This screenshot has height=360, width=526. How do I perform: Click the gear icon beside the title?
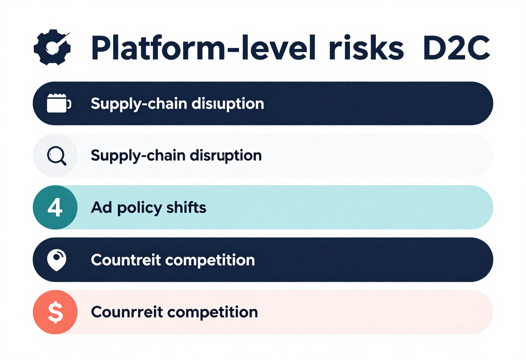(x=52, y=47)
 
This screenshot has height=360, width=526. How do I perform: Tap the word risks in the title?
(x=366, y=48)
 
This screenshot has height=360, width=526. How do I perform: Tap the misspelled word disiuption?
(x=228, y=104)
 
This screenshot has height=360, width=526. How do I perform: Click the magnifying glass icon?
(x=56, y=156)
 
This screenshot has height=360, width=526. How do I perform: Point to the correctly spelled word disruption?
(x=226, y=156)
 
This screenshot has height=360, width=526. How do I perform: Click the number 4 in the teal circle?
(x=55, y=208)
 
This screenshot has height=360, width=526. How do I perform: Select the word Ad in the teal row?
(x=101, y=208)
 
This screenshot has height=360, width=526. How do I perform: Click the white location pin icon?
(x=57, y=260)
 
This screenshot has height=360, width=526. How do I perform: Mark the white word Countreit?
(x=126, y=260)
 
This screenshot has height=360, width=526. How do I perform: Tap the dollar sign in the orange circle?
(x=55, y=312)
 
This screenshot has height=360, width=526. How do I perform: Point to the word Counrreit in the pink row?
(x=127, y=312)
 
